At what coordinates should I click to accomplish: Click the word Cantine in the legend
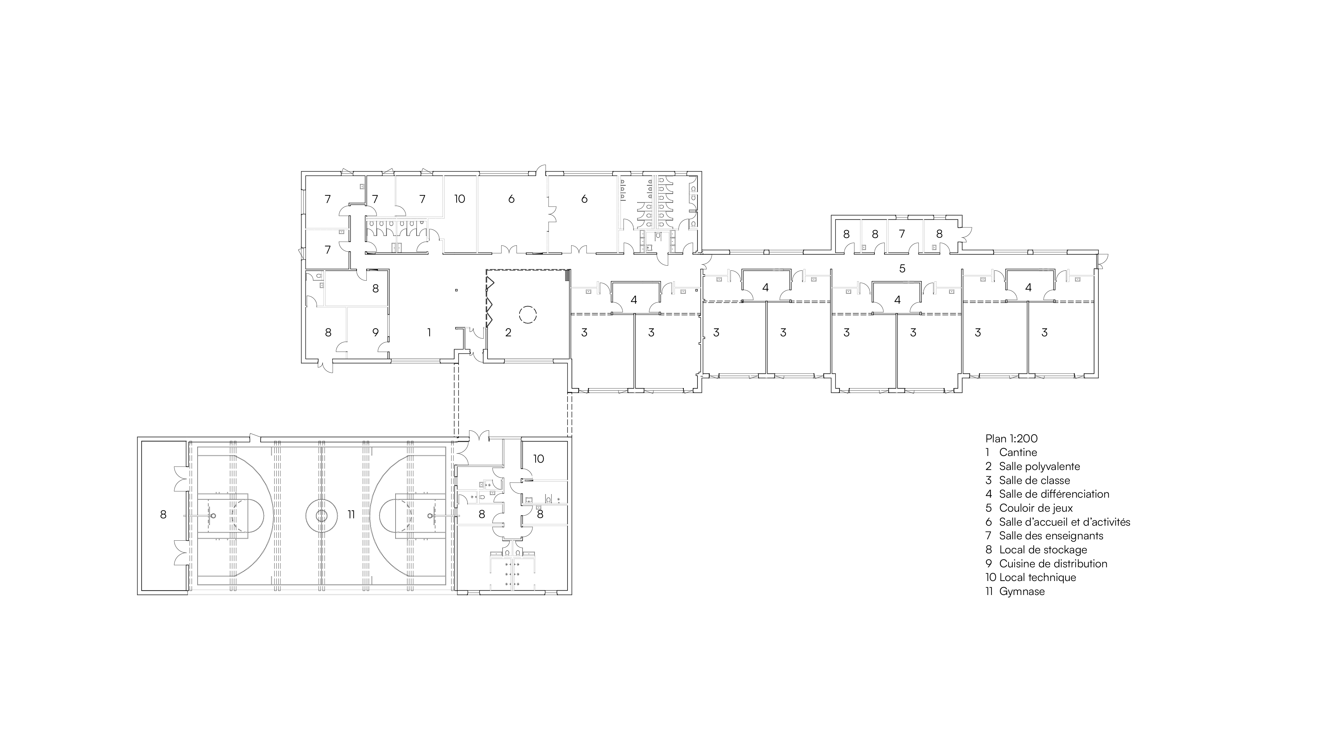pos(1018,452)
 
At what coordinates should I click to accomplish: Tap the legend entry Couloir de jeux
pos(1035,508)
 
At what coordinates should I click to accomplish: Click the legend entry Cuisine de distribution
pos(1053,564)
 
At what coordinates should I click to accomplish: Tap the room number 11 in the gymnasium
pos(351,514)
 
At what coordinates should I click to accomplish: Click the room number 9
pos(376,332)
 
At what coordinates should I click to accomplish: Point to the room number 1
pos(429,332)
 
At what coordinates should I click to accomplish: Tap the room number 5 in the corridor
pos(902,269)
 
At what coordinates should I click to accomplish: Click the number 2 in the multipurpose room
pos(508,332)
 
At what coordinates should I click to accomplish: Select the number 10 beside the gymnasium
pos(539,459)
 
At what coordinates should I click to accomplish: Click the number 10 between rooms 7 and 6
pos(460,199)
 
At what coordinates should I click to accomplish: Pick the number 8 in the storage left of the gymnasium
pos(164,514)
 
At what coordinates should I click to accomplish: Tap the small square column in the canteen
pos(457,290)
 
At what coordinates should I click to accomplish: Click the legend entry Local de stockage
pos(1043,550)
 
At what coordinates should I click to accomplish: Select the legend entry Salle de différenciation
pos(1054,494)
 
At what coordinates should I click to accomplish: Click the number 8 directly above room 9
pos(376,289)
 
